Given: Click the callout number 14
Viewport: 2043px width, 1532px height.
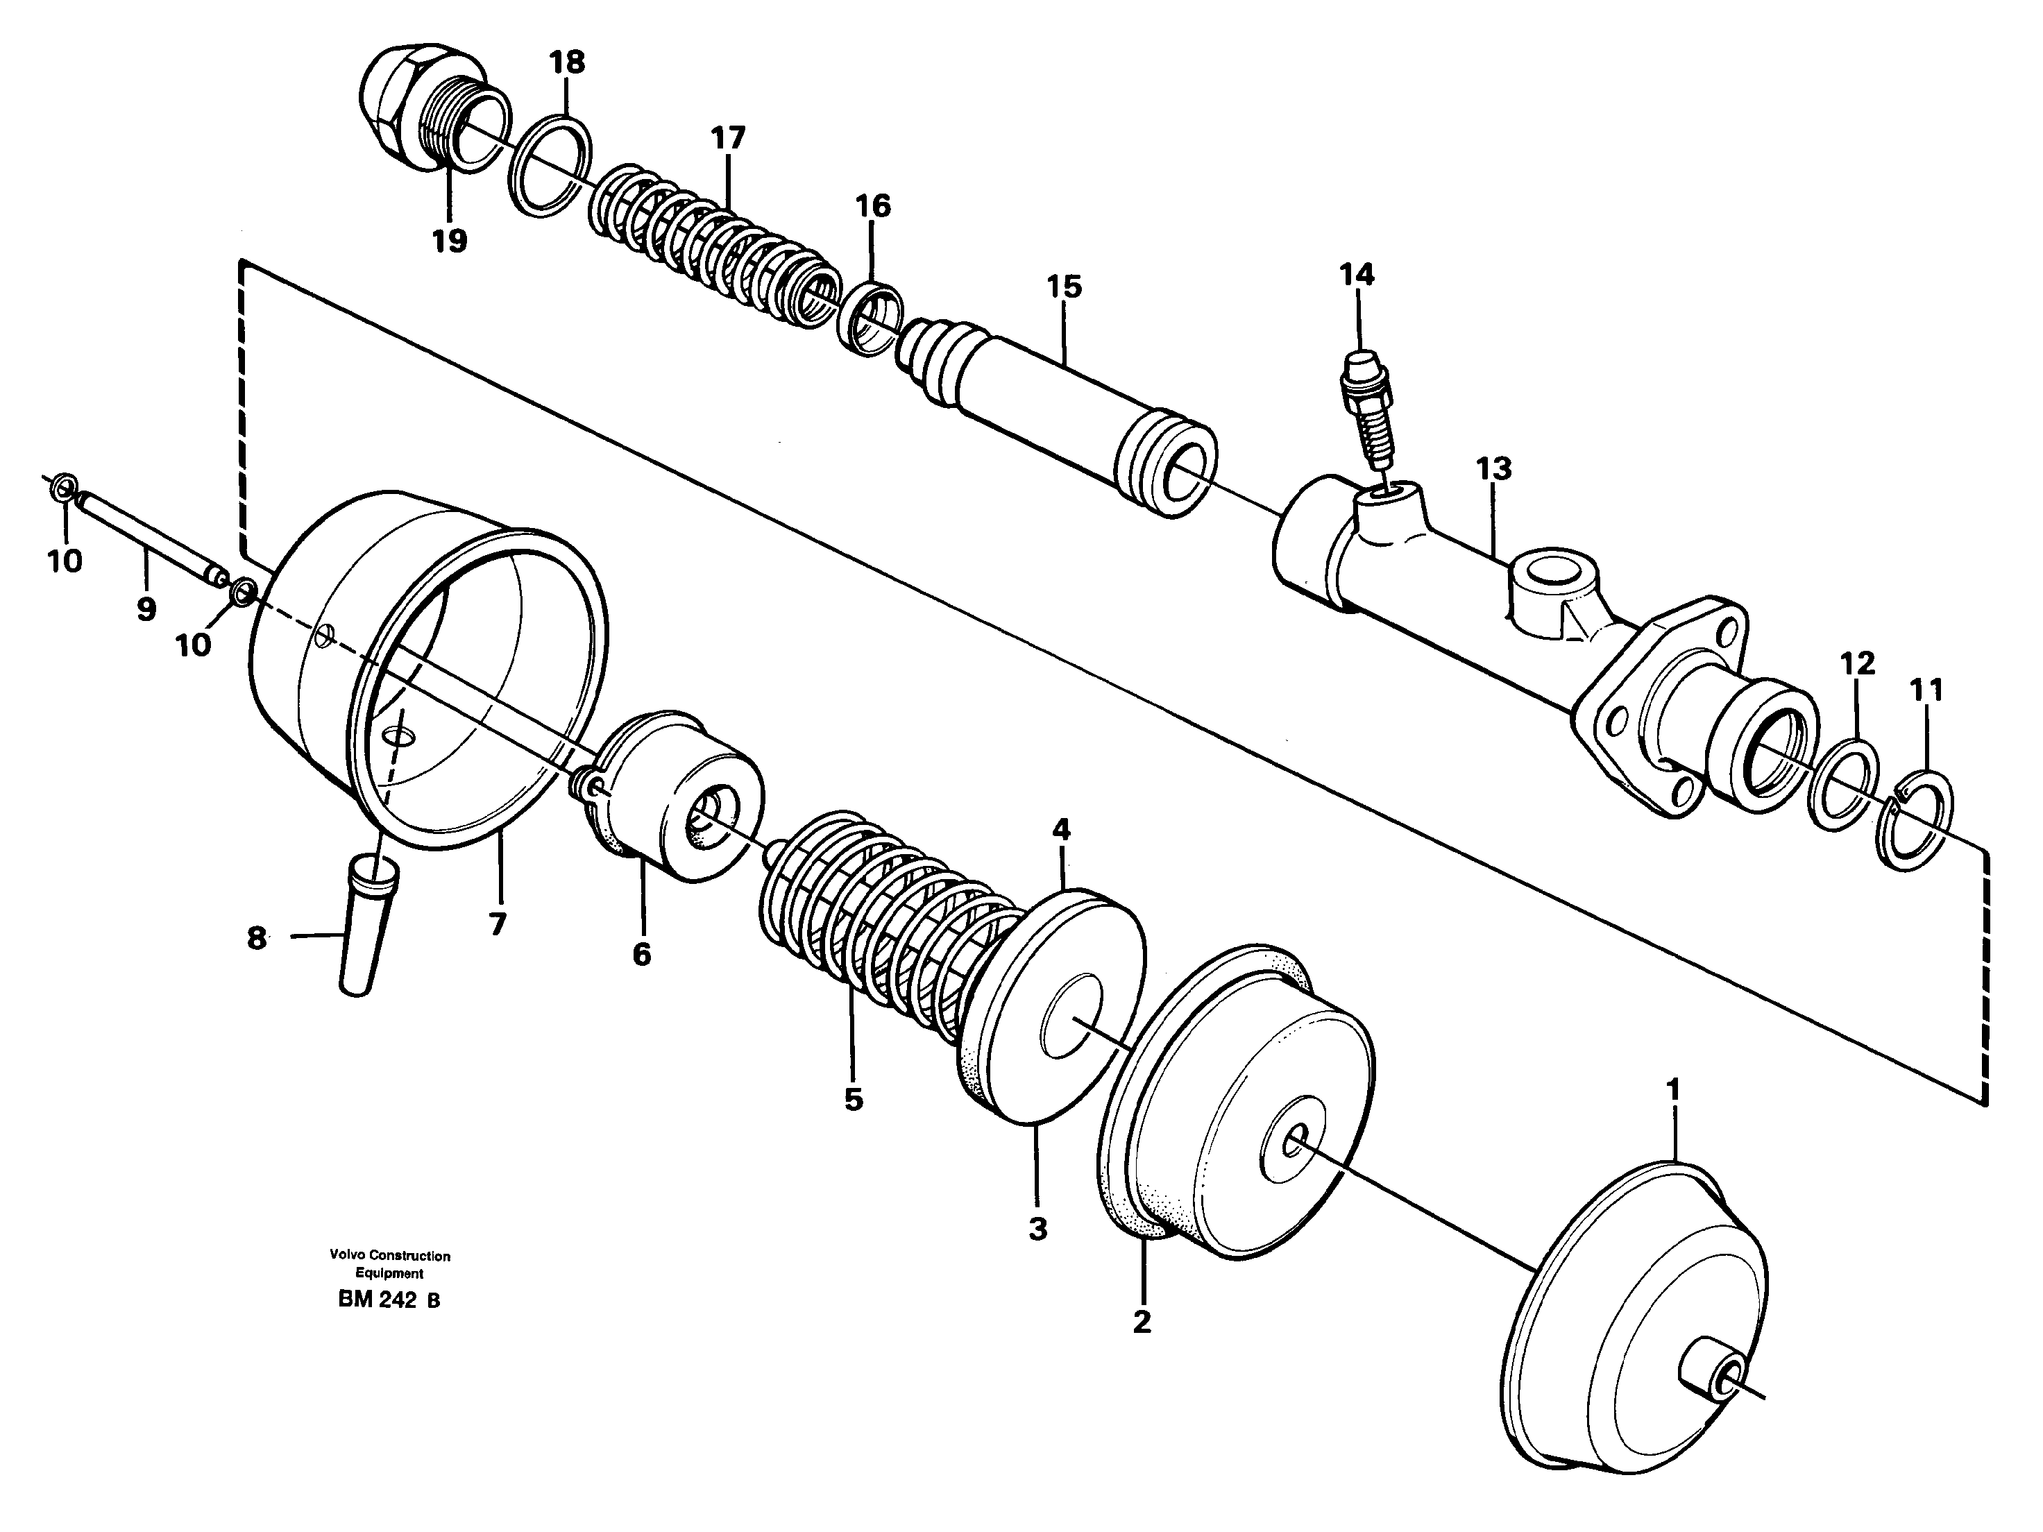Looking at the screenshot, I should (x=1357, y=275).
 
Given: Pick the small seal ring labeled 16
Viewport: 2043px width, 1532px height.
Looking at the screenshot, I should (x=871, y=319).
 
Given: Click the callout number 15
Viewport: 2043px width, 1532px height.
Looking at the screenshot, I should (x=1064, y=287).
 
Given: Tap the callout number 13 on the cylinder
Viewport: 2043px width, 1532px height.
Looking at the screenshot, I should (x=1493, y=468).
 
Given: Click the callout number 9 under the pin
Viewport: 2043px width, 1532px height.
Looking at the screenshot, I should (x=145, y=608).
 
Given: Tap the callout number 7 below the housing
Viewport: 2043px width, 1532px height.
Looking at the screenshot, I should (x=497, y=924).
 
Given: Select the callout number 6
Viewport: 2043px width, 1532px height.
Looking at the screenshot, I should (x=641, y=954).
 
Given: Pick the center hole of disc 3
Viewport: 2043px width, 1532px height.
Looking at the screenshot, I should (x=1071, y=1019).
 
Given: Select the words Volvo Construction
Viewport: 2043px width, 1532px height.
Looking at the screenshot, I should (x=389, y=1256).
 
